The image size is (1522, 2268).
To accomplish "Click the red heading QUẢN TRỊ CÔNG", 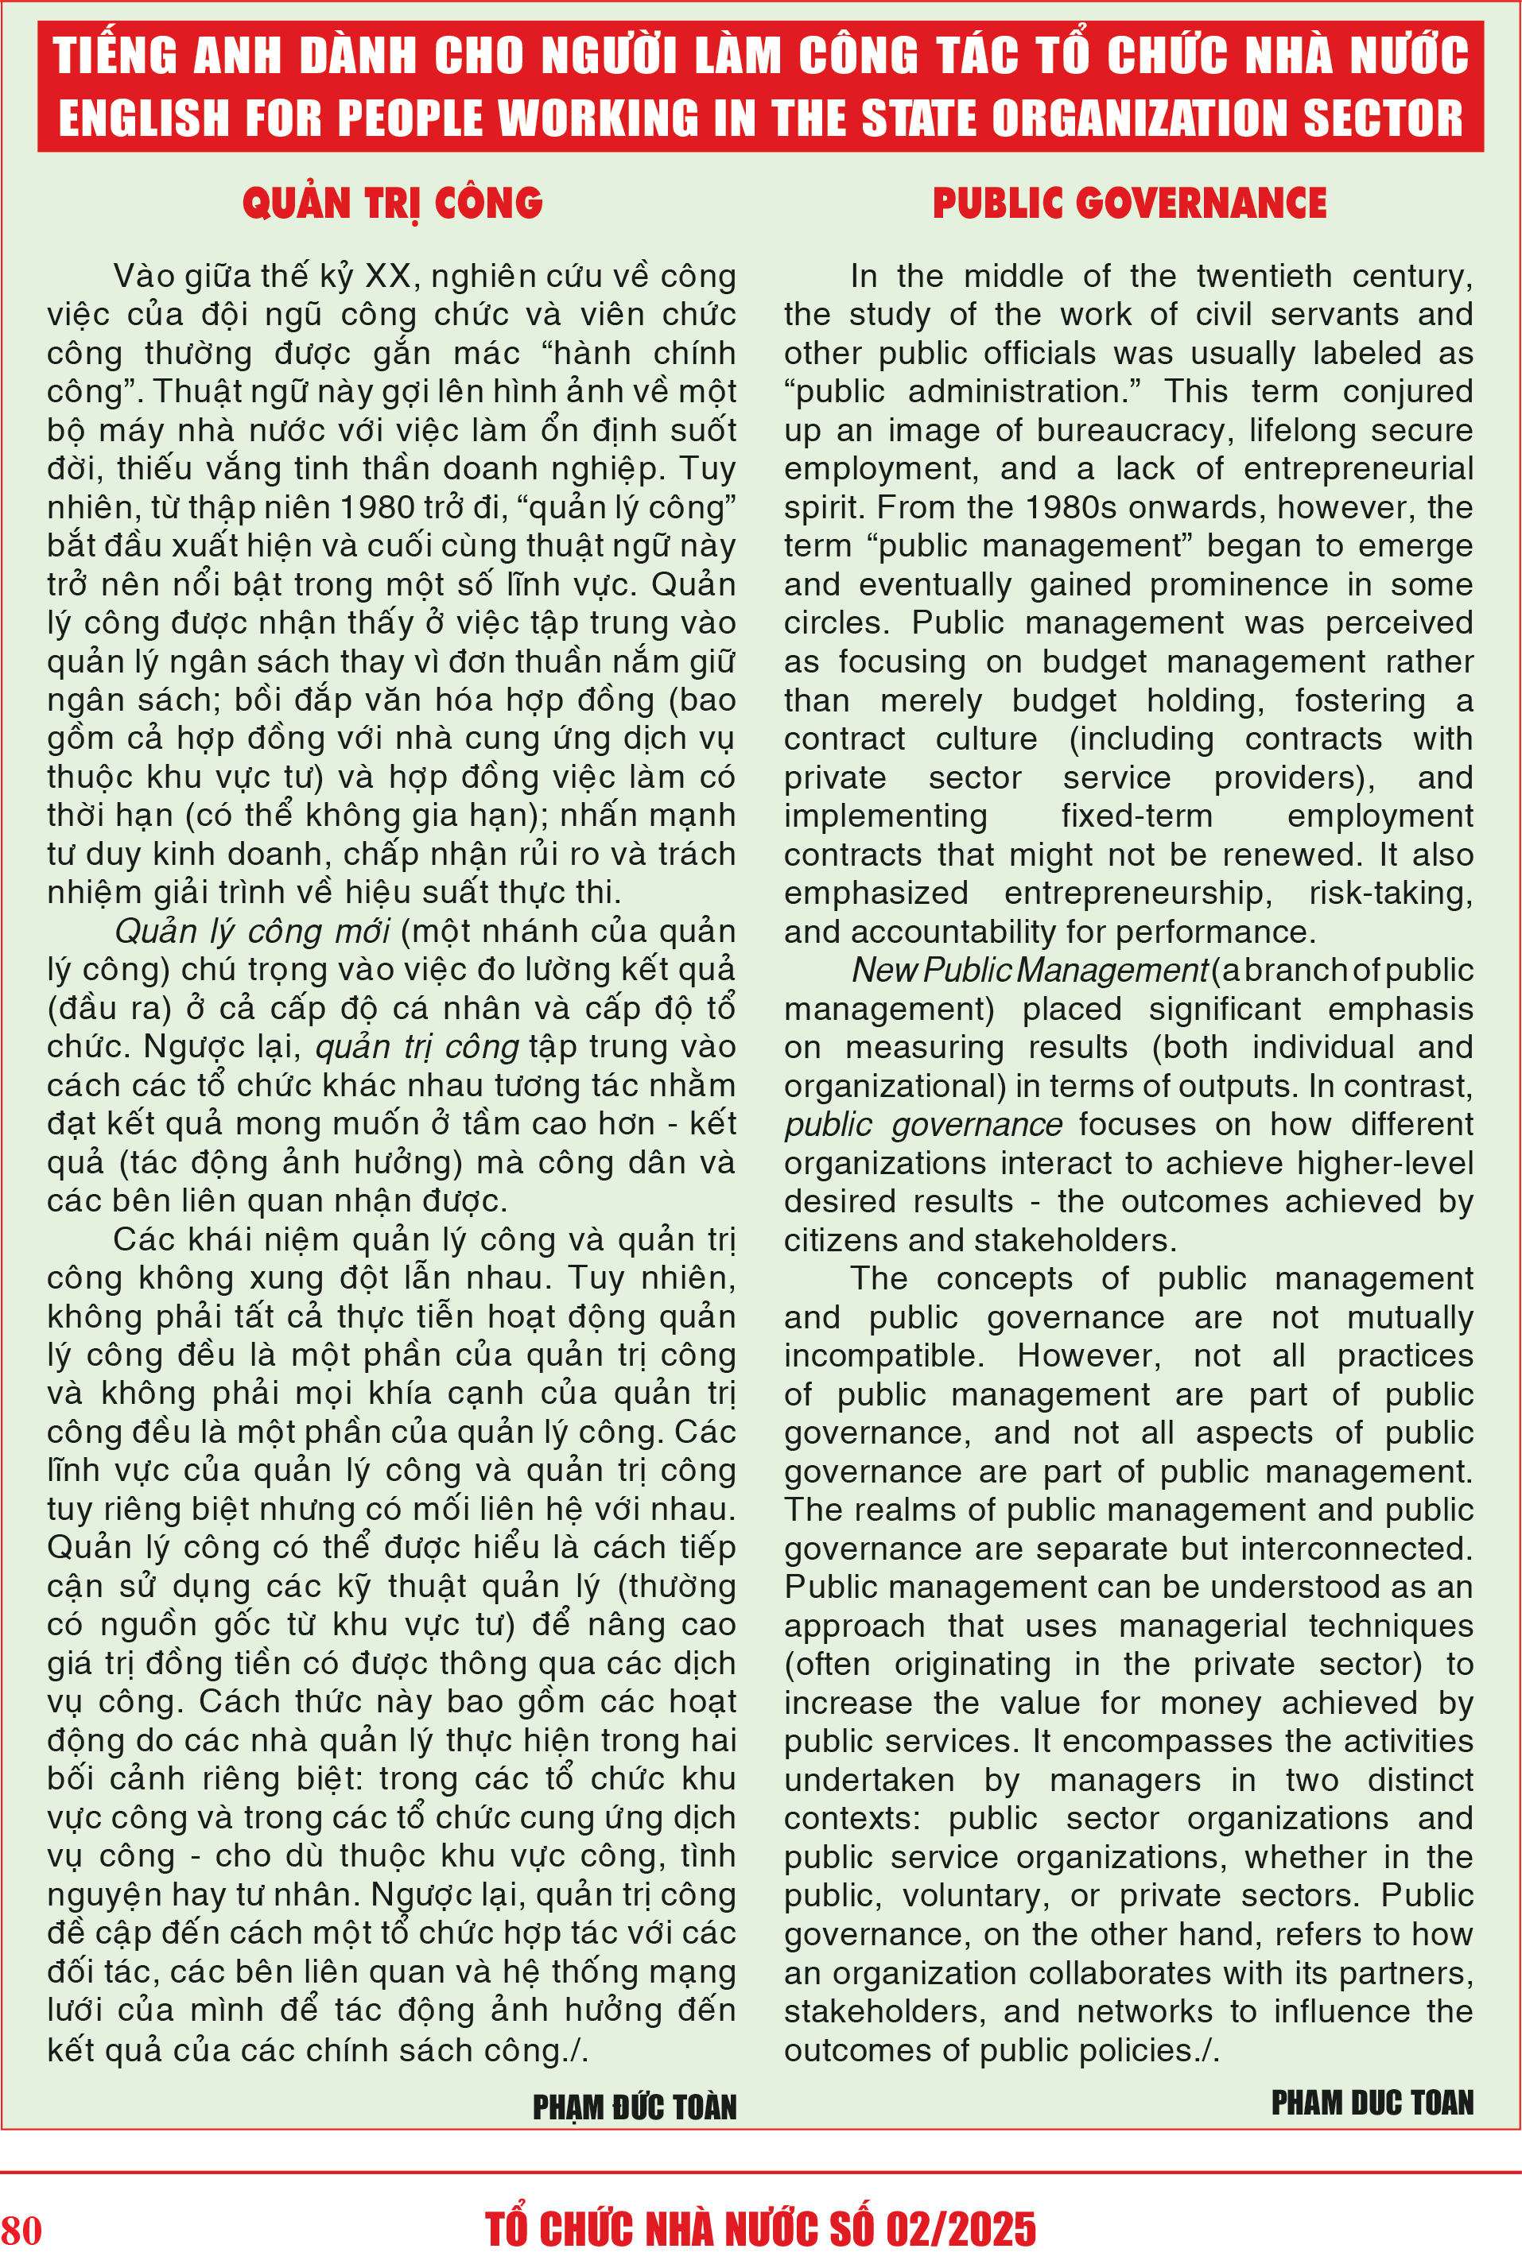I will (x=392, y=204).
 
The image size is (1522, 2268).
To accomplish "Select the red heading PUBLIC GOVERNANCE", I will (x=1129, y=204).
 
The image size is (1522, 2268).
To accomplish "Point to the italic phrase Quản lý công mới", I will (x=252, y=932).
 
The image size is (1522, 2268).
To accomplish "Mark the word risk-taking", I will (x=1390, y=893).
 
